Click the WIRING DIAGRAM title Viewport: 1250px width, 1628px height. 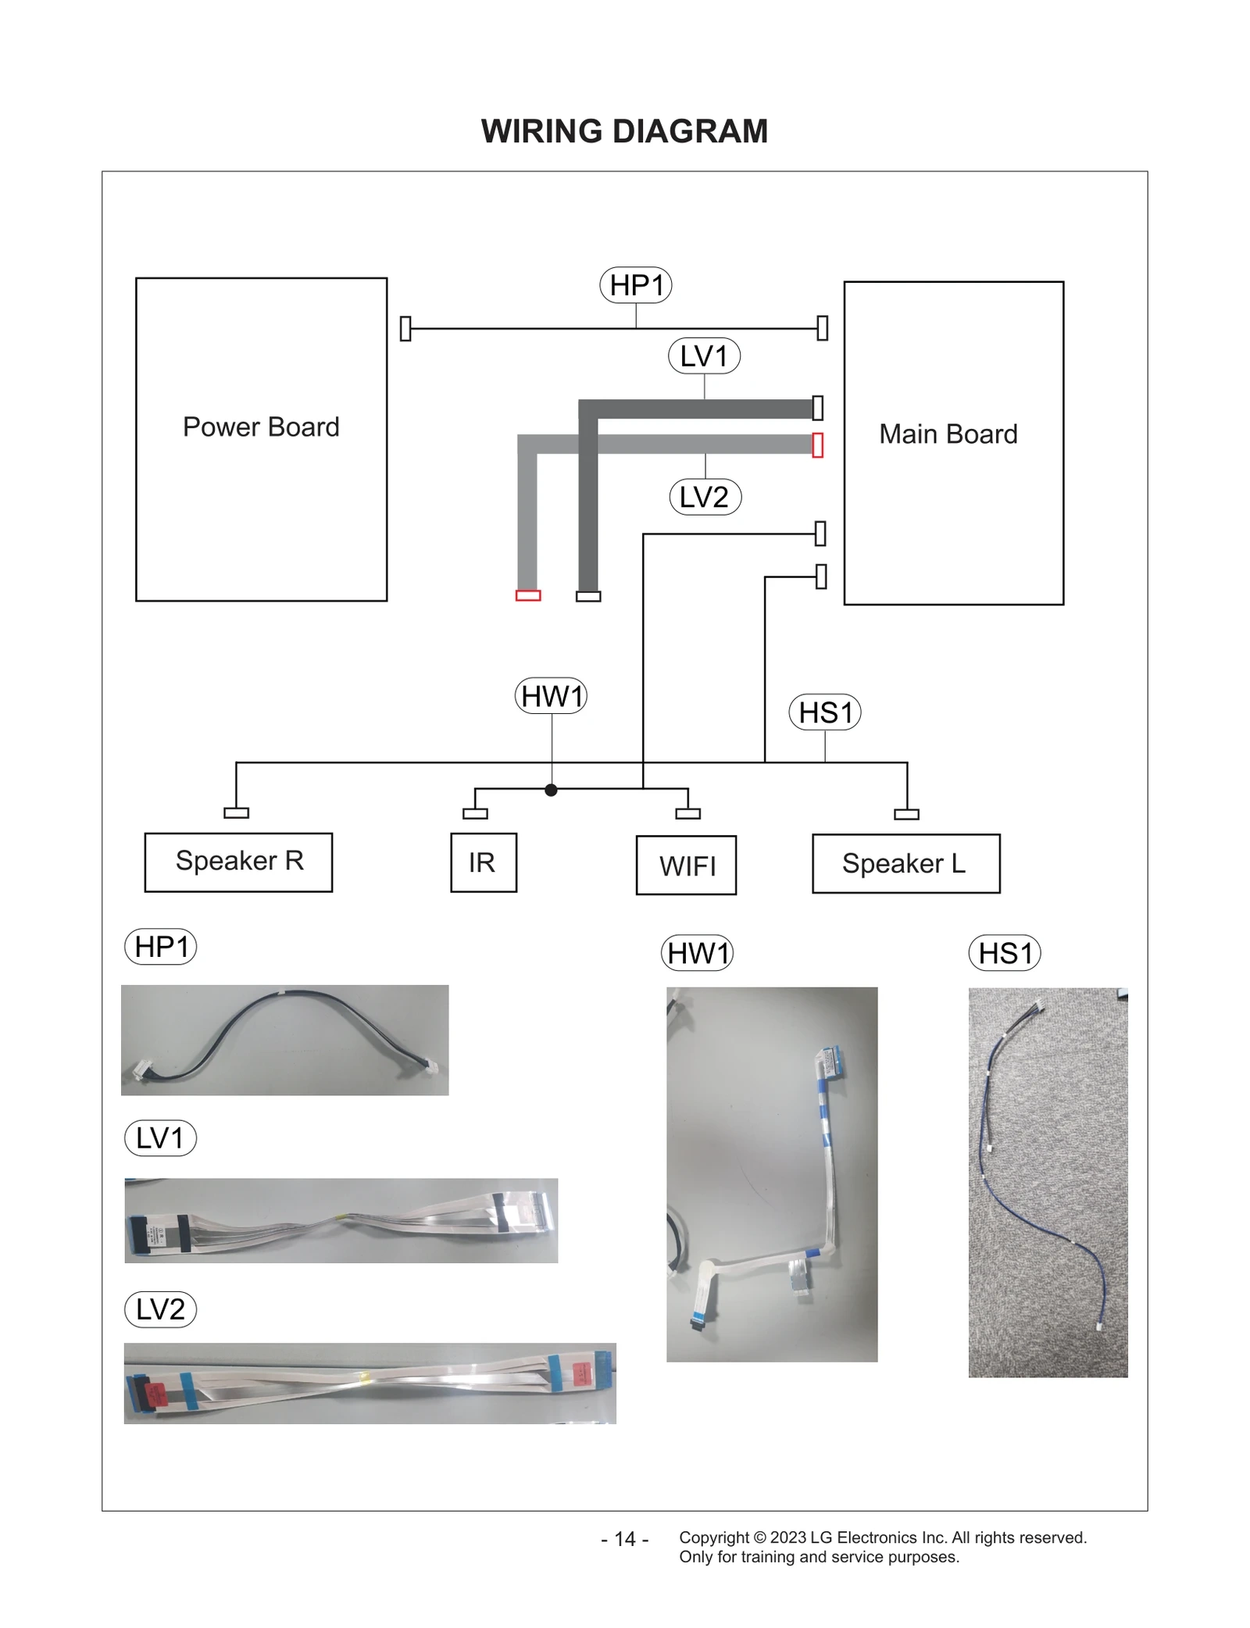point(624,131)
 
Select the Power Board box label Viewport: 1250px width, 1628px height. point(261,427)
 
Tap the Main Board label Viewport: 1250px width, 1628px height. point(948,434)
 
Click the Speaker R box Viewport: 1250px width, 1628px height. point(238,862)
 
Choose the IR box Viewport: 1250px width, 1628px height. point(483,862)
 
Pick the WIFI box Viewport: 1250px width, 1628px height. point(686,866)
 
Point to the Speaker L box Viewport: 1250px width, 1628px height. point(905,863)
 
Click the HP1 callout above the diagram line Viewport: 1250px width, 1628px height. point(635,285)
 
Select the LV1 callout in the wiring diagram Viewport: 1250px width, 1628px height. point(704,356)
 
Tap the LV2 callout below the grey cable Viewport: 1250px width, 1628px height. point(705,497)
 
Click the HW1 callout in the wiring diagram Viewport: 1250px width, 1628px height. point(551,696)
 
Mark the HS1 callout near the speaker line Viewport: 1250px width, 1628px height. point(825,712)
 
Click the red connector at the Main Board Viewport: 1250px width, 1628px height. point(817,445)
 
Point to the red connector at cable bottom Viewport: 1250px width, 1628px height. point(528,595)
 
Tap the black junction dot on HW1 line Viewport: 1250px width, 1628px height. point(551,790)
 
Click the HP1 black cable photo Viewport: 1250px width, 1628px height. point(284,1039)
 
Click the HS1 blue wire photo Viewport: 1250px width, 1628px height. point(1047,1182)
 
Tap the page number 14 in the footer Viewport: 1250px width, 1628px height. point(624,1538)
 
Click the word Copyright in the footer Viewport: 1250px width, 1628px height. point(713,1537)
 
